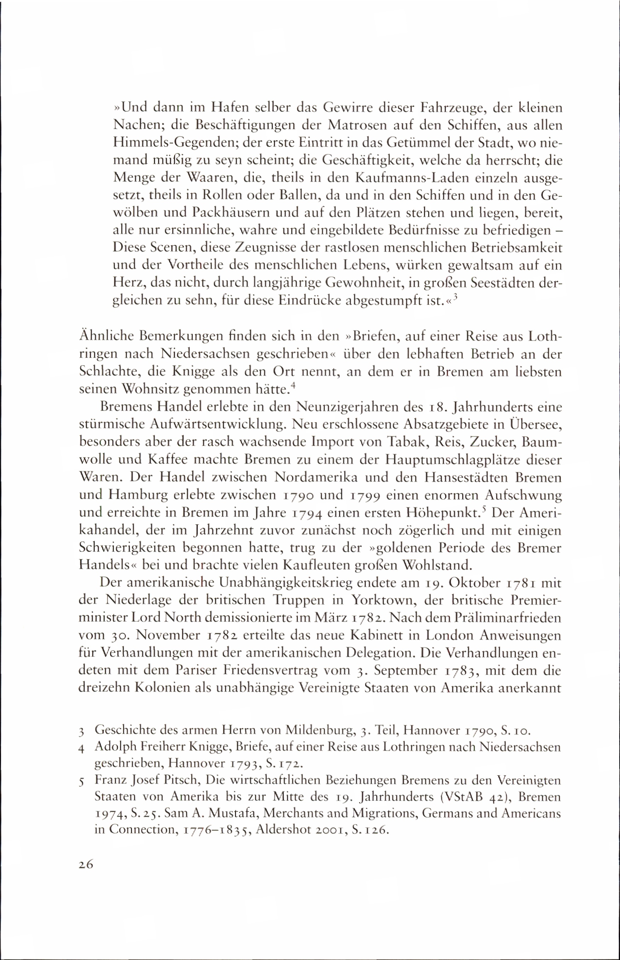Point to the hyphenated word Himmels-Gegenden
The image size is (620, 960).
click(x=169, y=144)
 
